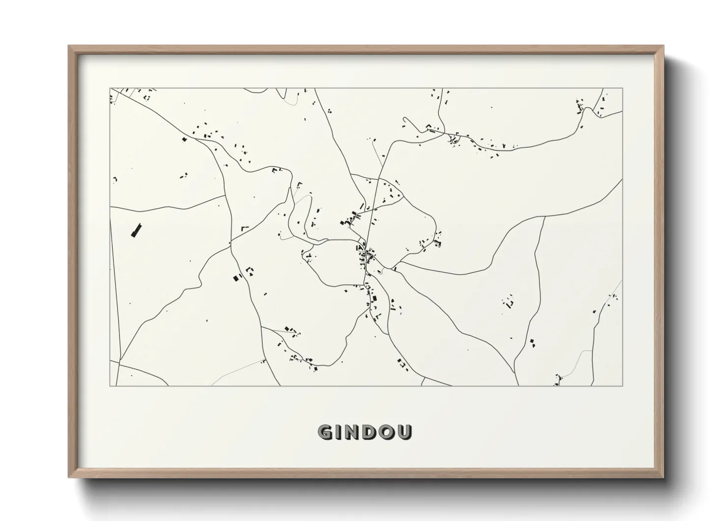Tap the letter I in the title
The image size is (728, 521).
coord(341,432)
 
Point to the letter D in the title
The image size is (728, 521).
coord(373,432)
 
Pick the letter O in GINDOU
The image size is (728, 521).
coord(390,432)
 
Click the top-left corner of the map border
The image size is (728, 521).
coord(110,89)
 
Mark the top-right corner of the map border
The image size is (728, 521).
coord(623,89)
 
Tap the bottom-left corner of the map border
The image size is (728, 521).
coord(110,386)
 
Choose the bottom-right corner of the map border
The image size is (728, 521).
coord(623,386)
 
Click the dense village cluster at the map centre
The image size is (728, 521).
coord(365,256)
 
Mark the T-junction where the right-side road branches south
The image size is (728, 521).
coord(545,217)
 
